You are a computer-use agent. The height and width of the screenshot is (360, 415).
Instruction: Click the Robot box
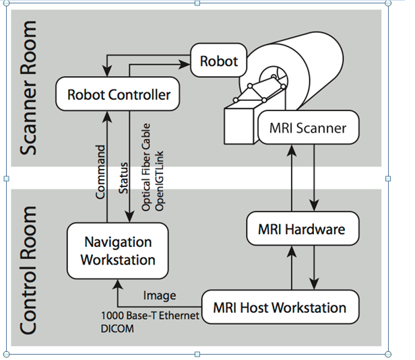coord(219,61)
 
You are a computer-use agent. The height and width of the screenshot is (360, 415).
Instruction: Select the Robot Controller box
coord(119,95)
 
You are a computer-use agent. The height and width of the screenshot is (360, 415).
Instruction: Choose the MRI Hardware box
coord(301,229)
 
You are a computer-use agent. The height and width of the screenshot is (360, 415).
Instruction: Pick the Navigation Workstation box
coord(118,250)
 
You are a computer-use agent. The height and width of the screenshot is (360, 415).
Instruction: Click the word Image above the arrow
coord(160,295)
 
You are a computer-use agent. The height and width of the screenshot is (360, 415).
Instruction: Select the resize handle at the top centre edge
coord(197,3)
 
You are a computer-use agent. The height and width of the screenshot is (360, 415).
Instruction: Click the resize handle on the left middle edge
coord(6,179)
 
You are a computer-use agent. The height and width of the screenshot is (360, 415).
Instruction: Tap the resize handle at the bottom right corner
coord(388,353)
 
